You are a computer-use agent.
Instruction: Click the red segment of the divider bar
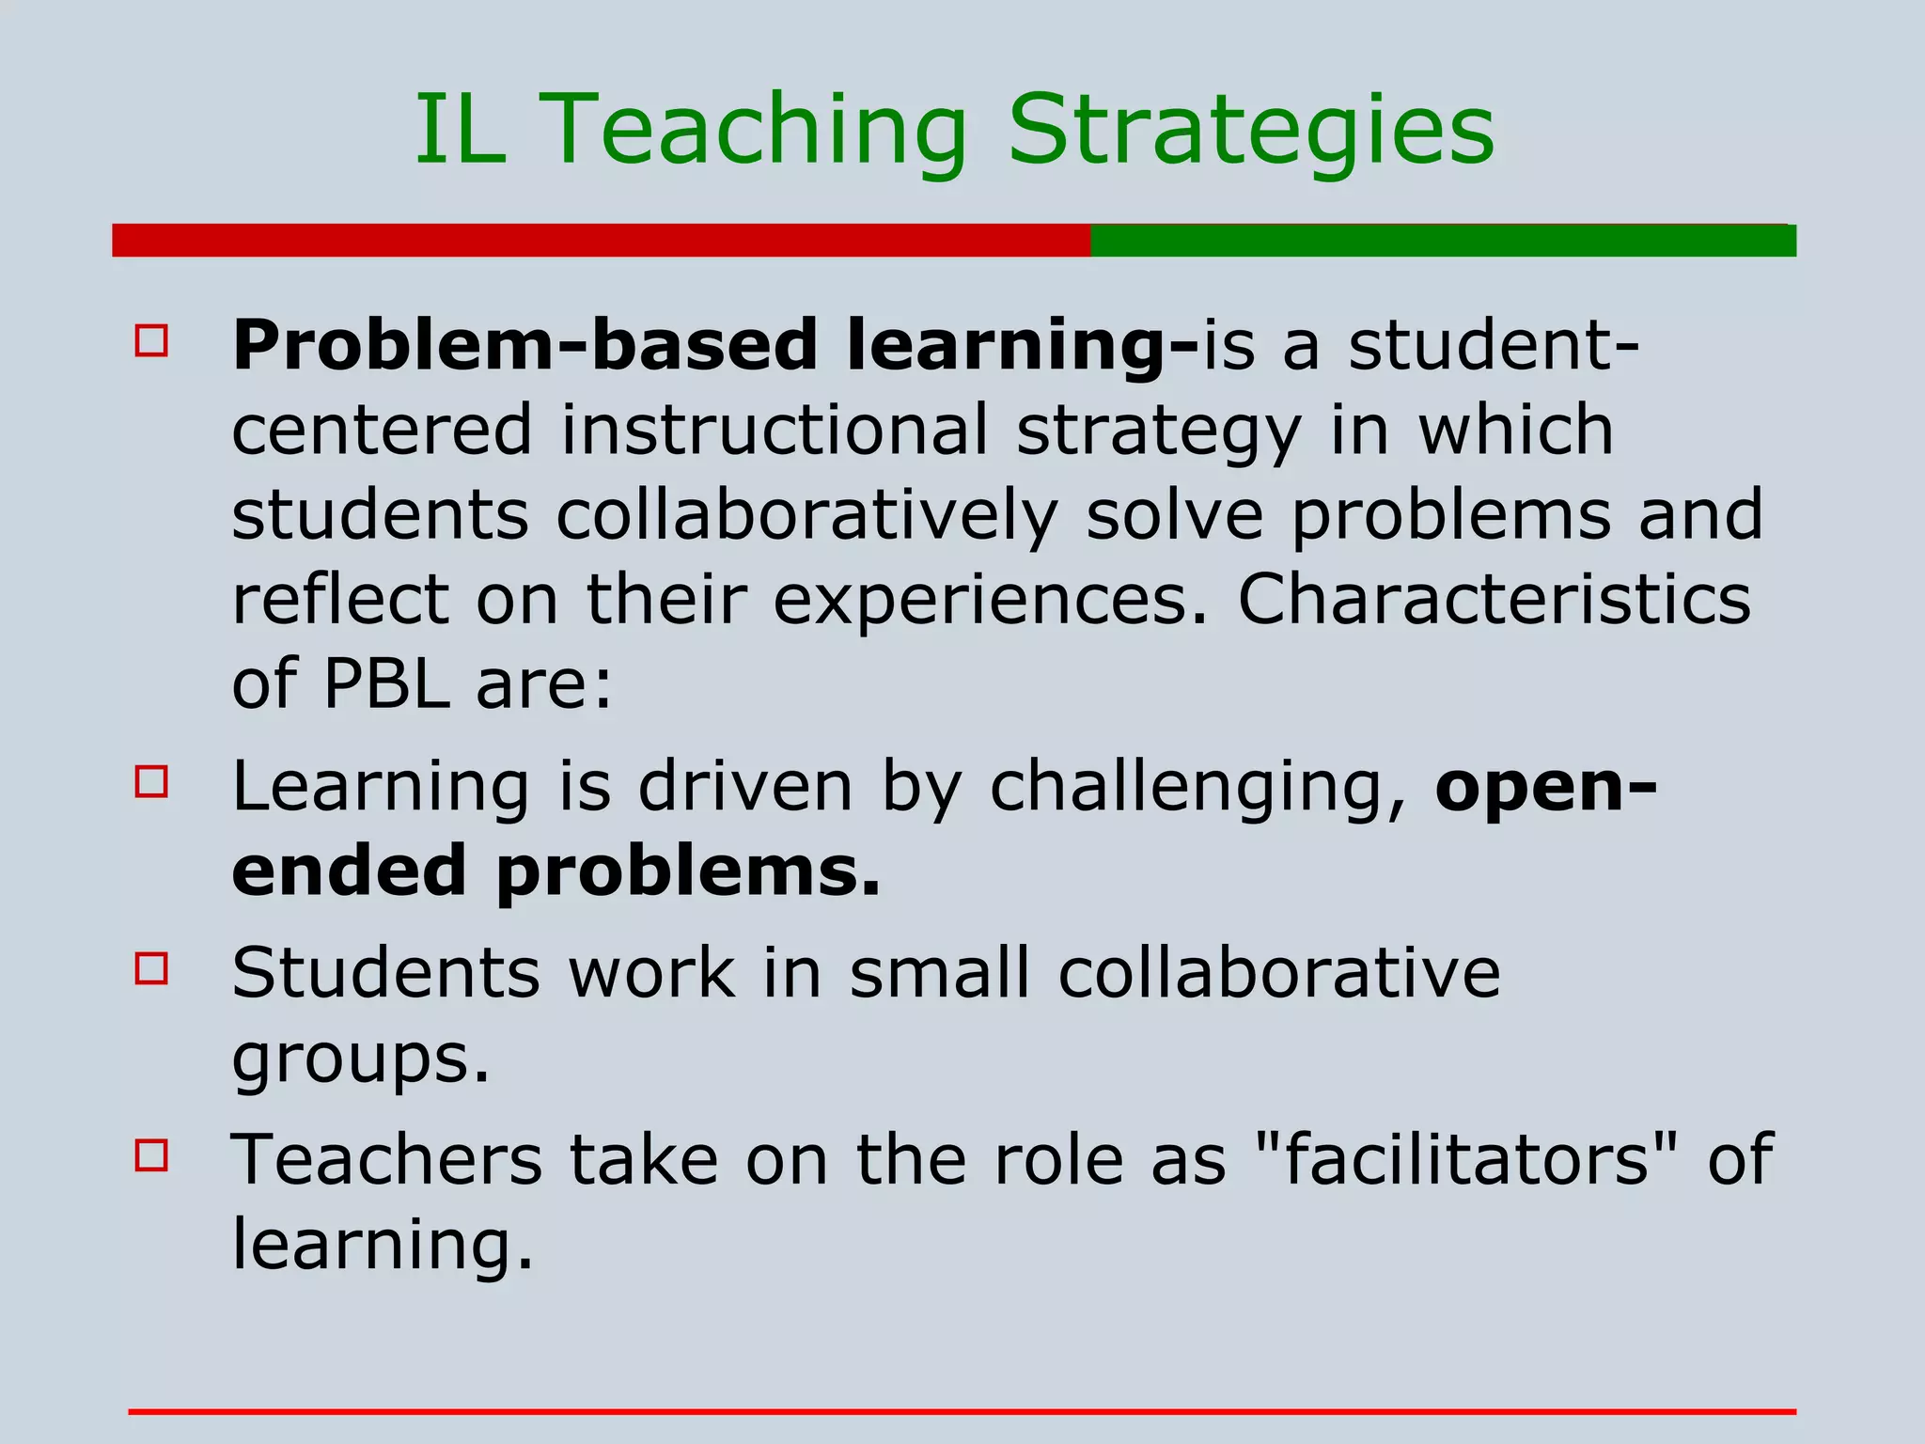pos(602,241)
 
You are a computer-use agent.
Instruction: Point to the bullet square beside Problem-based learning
pos(151,340)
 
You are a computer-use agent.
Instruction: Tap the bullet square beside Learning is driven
pos(151,781)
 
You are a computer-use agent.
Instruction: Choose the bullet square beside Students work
pos(151,967)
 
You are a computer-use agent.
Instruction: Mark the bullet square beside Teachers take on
pos(151,1154)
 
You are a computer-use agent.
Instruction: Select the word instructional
pos(775,430)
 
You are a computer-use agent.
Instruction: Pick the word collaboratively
pos(806,515)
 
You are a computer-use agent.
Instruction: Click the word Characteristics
pos(1494,599)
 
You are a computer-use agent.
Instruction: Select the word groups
pos(360,1059)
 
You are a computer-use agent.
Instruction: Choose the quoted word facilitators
pos(1466,1158)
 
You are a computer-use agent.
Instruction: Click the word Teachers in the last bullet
pos(386,1158)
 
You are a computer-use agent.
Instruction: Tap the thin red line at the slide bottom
pos(962,1411)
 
